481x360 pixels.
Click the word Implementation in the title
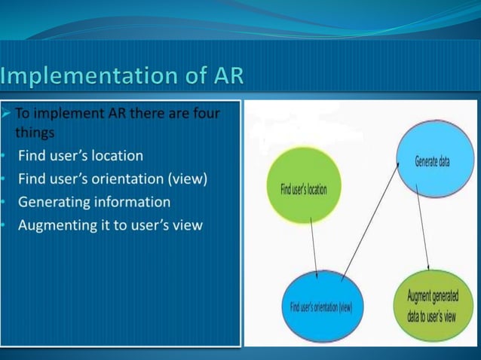(84, 77)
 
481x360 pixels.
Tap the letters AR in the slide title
(225, 77)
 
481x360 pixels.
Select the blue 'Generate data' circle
(432, 161)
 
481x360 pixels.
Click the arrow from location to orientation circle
(313, 248)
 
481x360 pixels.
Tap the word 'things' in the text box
(35, 133)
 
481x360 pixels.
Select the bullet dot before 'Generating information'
(4, 203)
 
